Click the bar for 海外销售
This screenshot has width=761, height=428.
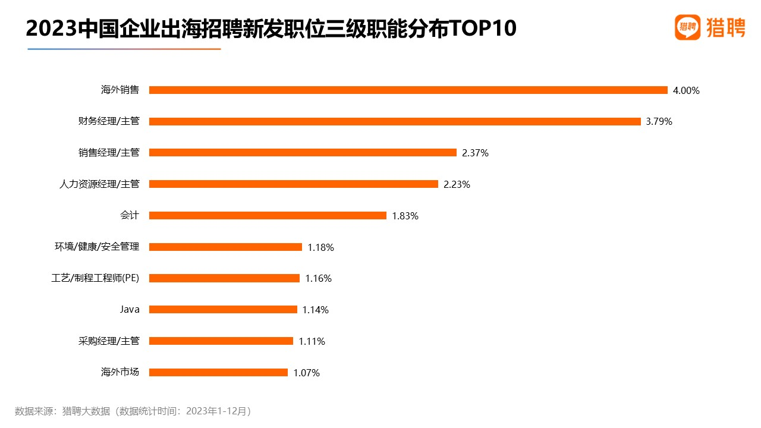[x=408, y=90]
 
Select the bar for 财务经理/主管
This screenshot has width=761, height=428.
[x=395, y=121]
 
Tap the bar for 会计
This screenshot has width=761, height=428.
[x=268, y=216]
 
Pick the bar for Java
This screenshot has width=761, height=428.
[x=223, y=310]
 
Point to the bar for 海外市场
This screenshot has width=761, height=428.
[x=218, y=373]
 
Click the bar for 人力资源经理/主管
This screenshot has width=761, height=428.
[x=293, y=184]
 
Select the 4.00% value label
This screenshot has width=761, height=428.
[x=686, y=91]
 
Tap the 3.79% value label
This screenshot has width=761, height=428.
[x=659, y=122]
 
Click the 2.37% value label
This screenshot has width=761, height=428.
[x=475, y=153]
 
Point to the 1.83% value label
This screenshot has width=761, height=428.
[x=405, y=216]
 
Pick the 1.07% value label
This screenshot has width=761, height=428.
[x=306, y=373]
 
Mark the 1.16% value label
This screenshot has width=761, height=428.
[x=318, y=279]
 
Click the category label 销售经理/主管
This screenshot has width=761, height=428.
[x=109, y=153]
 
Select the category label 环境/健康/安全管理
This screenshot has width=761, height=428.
[x=97, y=247]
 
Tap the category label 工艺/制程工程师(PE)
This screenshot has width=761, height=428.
[x=96, y=278]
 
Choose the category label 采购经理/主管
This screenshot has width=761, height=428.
[x=109, y=341]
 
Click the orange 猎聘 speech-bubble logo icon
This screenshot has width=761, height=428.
[x=687, y=27]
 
